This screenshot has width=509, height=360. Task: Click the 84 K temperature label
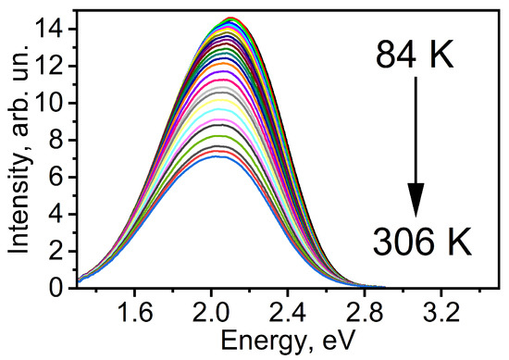coord(416,58)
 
